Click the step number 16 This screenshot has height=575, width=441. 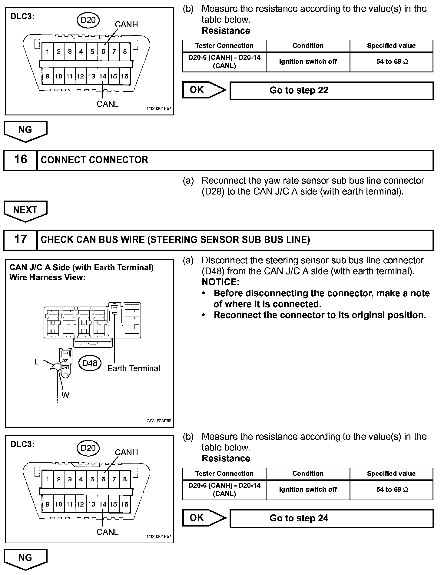[x=20, y=160]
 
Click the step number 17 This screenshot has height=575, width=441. [x=20, y=239]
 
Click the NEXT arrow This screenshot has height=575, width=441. [x=25, y=210]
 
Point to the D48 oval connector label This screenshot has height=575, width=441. [x=90, y=363]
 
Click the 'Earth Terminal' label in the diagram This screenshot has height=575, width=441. [x=134, y=368]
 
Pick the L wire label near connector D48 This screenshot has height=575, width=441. [x=36, y=362]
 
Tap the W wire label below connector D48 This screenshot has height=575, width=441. [x=65, y=395]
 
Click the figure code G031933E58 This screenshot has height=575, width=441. [x=159, y=421]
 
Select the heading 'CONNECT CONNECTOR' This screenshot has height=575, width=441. [x=94, y=160]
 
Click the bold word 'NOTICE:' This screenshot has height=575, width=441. [x=220, y=282]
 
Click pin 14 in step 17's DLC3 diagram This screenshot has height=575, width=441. [x=103, y=504]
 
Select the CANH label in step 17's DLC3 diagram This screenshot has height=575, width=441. [x=126, y=452]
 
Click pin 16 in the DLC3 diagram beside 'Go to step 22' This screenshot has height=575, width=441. [x=124, y=76]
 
